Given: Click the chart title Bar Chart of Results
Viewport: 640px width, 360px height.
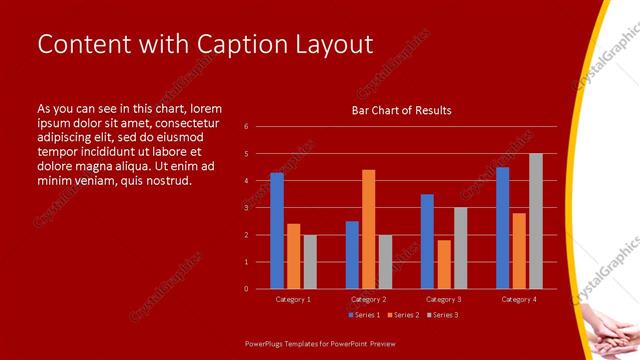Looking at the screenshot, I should (401, 110).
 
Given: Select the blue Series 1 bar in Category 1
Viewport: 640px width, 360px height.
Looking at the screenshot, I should (277, 230).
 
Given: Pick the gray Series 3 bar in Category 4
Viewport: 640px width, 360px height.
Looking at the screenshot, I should (536, 221).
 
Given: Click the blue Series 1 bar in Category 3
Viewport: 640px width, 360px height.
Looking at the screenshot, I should (427, 241).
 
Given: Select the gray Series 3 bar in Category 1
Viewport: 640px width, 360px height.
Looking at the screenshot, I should (310, 261).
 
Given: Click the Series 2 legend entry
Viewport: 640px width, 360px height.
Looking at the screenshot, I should (402, 315).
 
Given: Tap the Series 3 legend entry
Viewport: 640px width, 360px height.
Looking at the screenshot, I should (443, 315).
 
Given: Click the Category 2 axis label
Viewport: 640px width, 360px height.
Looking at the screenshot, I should (368, 299).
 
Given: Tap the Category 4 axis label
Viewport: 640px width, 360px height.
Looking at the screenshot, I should (519, 299).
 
